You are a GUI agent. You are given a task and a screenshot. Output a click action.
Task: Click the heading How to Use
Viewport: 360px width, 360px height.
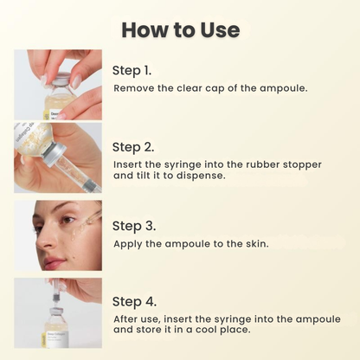[180, 29]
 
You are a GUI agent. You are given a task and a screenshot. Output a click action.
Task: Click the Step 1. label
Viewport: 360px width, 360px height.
[134, 70]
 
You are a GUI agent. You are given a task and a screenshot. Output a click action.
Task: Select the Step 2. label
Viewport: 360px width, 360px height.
[134, 146]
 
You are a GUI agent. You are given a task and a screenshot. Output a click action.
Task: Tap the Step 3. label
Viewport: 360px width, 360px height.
[134, 225]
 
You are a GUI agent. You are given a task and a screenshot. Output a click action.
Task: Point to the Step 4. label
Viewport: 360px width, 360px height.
[134, 302]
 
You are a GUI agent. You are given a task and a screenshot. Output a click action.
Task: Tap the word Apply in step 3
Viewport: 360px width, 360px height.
[130, 243]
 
